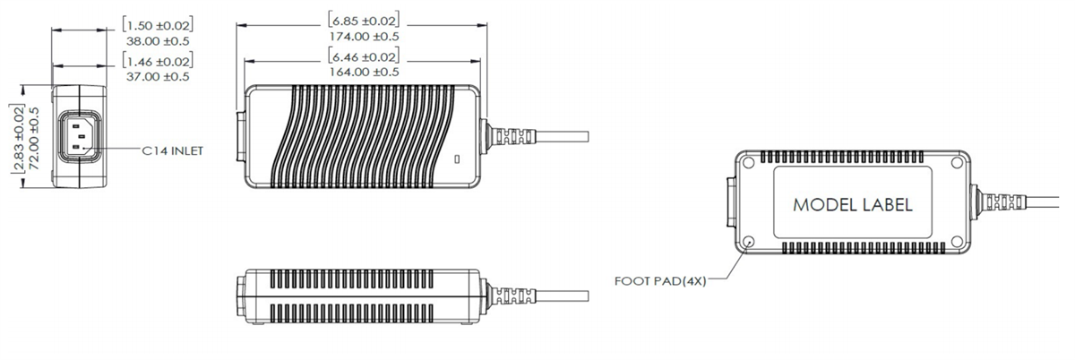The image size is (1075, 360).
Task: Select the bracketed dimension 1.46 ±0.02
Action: point(158,61)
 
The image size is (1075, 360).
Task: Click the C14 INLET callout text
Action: point(173,151)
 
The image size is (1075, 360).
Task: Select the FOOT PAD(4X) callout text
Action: point(661,280)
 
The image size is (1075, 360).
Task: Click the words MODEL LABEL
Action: point(853,205)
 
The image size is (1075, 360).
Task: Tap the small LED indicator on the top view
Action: point(458,160)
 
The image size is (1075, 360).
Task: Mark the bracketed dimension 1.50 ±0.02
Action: point(158,24)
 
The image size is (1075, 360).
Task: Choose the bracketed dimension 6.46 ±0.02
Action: point(363,56)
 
